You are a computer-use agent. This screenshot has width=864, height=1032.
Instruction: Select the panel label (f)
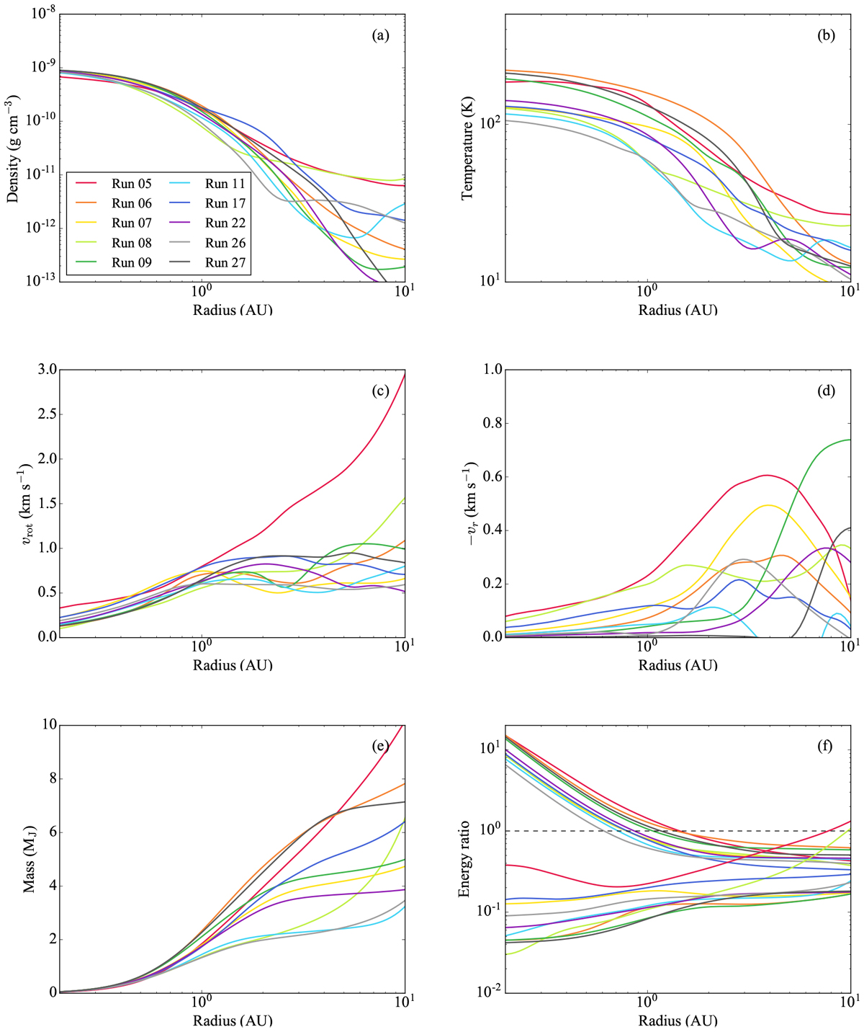coord(826,745)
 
